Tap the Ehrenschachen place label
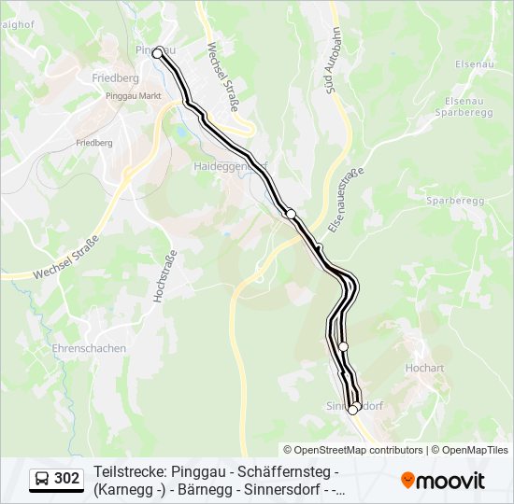90,348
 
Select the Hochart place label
424,368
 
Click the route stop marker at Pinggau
158,52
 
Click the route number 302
66,479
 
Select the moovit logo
443,481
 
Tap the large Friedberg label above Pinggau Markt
116,78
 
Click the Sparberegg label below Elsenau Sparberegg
453,201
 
